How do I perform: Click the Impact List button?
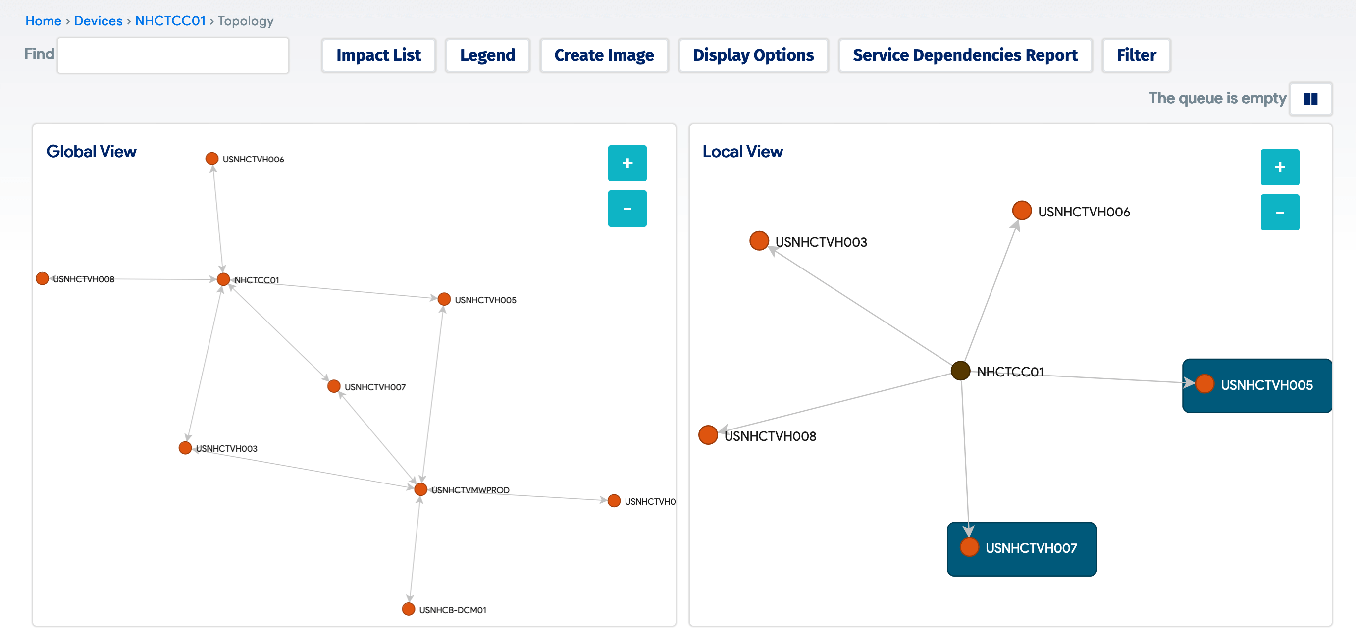click(378, 55)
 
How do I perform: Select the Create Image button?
click(603, 55)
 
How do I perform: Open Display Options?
click(753, 55)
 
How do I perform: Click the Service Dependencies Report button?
click(964, 55)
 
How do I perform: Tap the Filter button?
click(1136, 55)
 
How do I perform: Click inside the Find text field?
click(173, 55)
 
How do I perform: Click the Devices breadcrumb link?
click(98, 21)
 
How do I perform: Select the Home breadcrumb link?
click(43, 21)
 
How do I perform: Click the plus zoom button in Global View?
click(626, 163)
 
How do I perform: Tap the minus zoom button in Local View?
click(1279, 212)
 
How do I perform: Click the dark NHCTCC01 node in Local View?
click(960, 370)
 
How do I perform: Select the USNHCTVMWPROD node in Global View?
click(420, 489)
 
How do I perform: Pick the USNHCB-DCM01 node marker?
click(408, 609)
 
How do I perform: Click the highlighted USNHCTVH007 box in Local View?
click(1021, 549)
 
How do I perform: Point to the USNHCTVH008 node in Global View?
click(42, 278)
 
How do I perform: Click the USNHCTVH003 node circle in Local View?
click(759, 241)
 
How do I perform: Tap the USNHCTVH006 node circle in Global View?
click(211, 159)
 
